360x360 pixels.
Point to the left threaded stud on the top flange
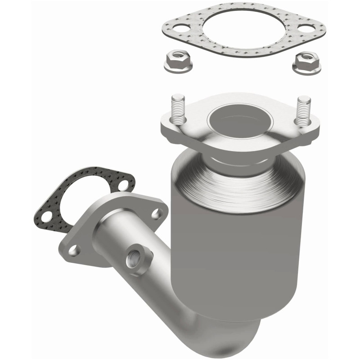(179, 108)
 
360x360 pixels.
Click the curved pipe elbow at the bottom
(211, 333)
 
